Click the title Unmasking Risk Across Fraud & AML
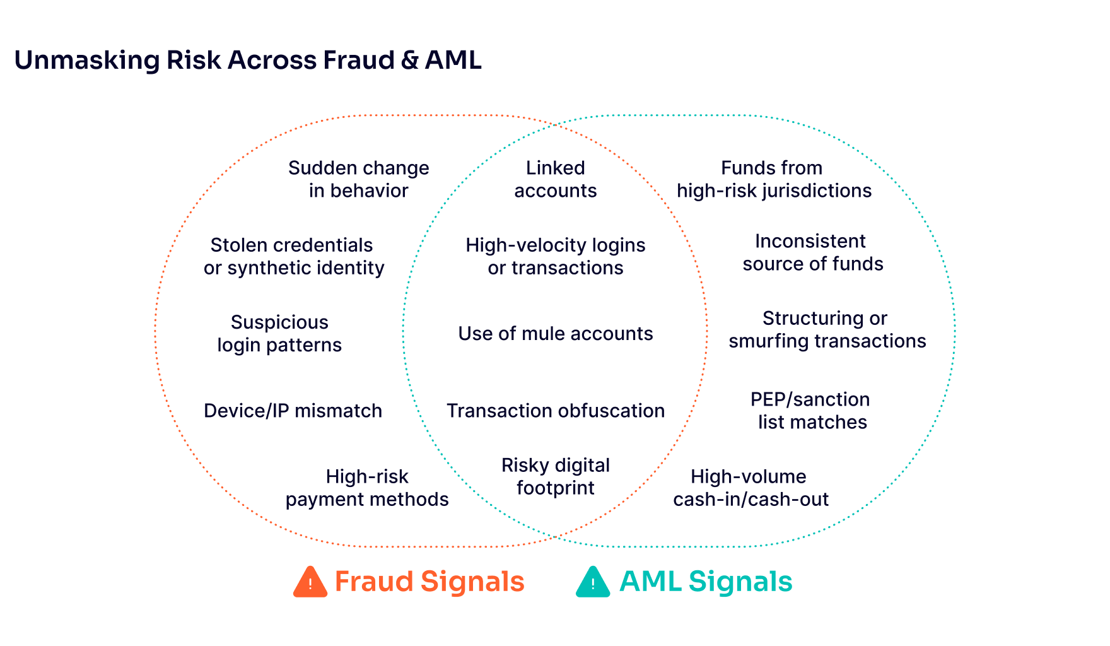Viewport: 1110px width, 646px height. (247, 61)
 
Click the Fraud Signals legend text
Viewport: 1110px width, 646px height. (429, 582)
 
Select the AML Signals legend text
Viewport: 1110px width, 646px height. (705, 582)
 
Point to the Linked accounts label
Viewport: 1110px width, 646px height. (556, 180)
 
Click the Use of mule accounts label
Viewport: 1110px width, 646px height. (555, 334)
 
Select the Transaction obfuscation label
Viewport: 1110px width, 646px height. (555, 411)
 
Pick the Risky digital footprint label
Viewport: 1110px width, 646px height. (556, 477)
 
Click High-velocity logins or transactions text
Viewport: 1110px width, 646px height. (555, 257)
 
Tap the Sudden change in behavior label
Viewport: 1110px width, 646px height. (358, 180)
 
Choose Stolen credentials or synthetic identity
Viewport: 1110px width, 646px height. (293, 257)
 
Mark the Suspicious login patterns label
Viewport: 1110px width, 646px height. (279, 334)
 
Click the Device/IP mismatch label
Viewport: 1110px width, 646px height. (293, 411)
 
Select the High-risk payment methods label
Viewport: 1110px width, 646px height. (366, 488)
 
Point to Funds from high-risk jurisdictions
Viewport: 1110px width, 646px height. (774, 180)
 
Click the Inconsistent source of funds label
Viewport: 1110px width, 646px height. (812, 253)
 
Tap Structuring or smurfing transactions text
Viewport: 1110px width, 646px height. (827, 330)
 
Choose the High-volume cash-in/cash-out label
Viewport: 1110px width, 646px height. (750, 488)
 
